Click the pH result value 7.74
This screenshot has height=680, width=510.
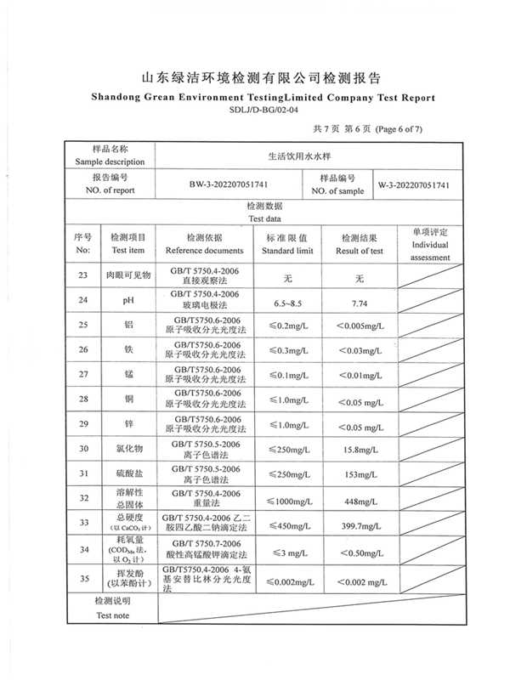click(x=359, y=302)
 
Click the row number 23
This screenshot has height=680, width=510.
click(x=82, y=276)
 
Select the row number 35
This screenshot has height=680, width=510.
click(x=82, y=581)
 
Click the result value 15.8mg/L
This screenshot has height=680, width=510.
click(x=359, y=449)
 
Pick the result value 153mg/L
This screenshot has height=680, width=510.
click(x=359, y=473)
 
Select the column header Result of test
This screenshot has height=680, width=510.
click(x=359, y=251)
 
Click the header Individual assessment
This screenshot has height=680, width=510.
click(x=430, y=250)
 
